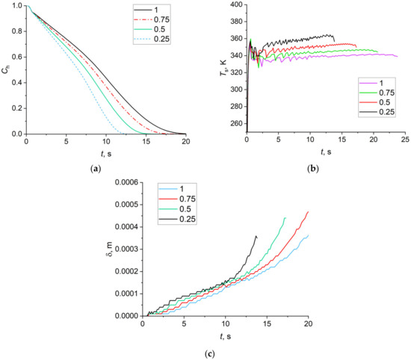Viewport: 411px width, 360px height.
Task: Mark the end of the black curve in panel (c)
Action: pyautogui.click(x=256, y=236)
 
